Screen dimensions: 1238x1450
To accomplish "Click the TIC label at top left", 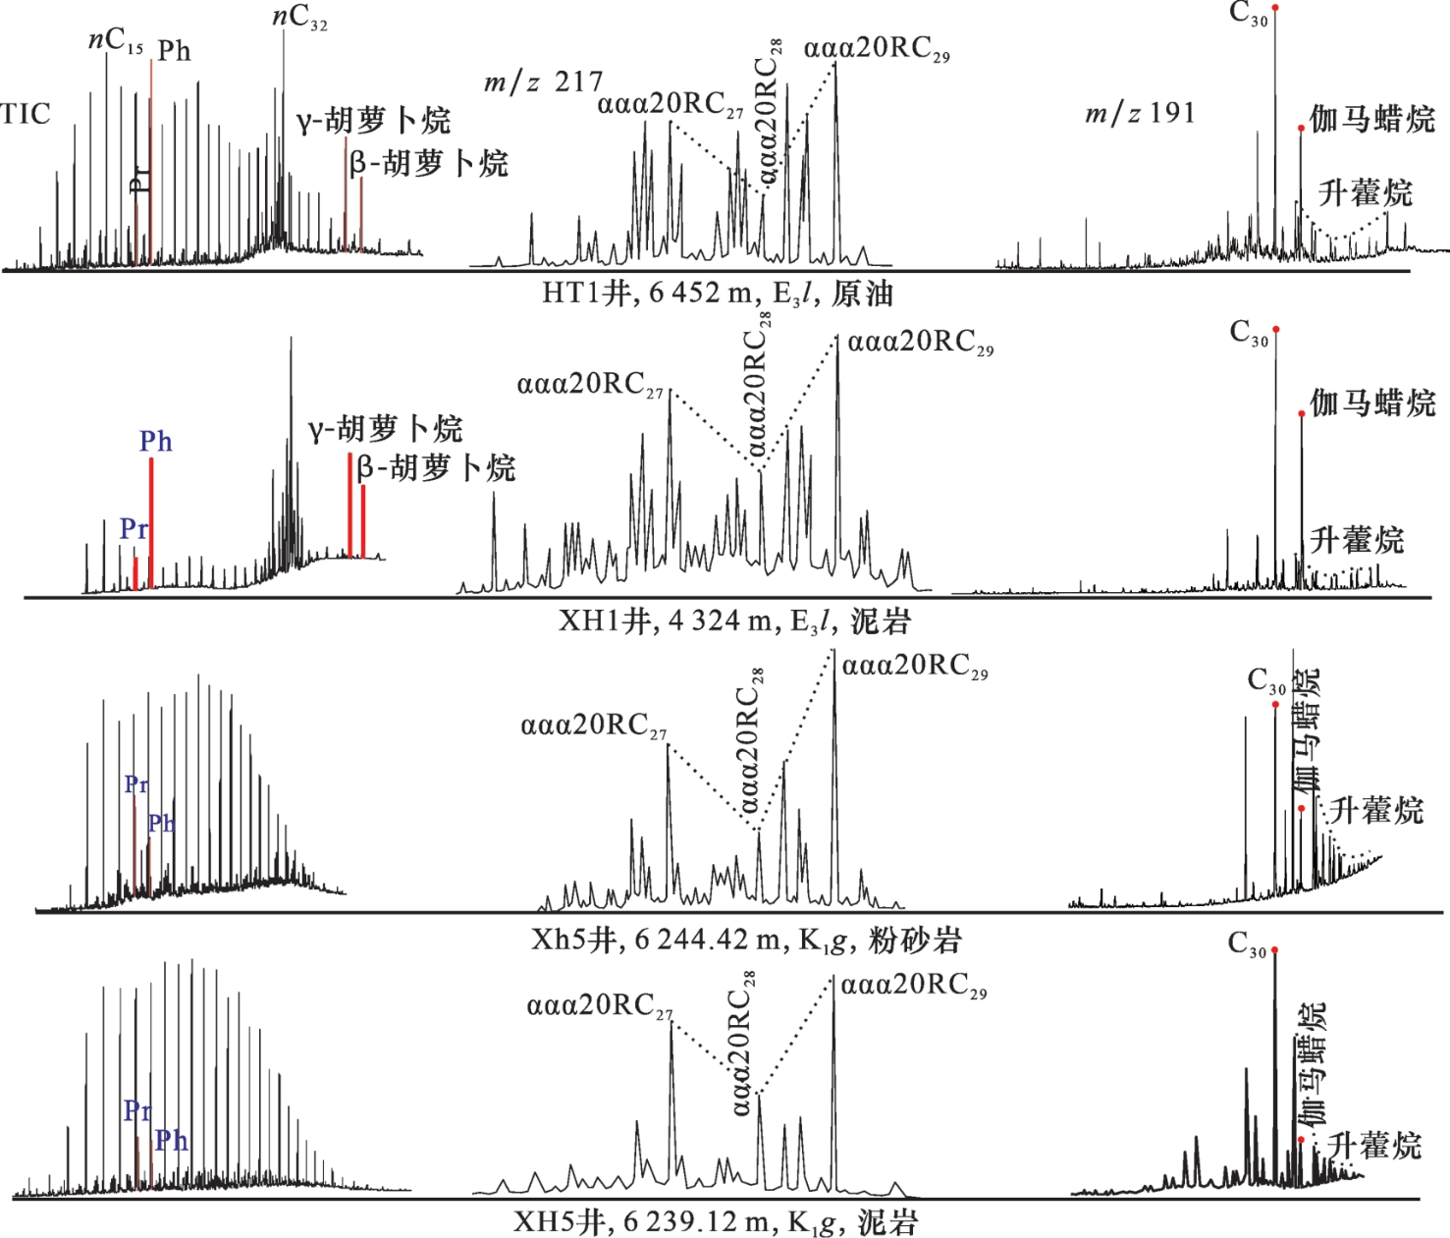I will pyautogui.click(x=26, y=114).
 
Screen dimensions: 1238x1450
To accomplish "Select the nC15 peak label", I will pyautogui.click(x=116, y=41).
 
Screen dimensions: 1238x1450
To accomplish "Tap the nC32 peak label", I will pyautogui.click(x=299, y=18).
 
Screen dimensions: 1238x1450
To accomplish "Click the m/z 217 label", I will pyautogui.click(x=543, y=82).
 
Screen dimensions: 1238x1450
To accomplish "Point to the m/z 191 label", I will pyautogui.click(x=1140, y=114).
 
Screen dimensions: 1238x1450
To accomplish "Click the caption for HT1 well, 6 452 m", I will pyautogui.click(x=718, y=294).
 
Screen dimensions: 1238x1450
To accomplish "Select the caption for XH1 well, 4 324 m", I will pyautogui.click(x=734, y=620).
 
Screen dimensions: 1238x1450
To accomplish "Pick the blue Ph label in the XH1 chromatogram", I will pyautogui.click(x=155, y=442).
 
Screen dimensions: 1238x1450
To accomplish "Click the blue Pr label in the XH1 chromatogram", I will pyautogui.click(x=134, y=529).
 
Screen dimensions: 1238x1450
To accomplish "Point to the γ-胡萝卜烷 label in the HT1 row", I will pyautogui.click(x=373, y=121).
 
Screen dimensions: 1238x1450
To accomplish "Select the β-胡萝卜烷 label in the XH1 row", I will pyautogui.click(x=435, y=468).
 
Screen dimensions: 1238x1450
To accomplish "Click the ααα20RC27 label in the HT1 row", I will pyautogui.click(x=671, y=104).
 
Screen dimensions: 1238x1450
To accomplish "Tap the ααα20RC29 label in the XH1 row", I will pyautogui.click(x=921, y=343).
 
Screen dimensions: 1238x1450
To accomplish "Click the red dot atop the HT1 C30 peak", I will pyautogui.click(x=1275, y=8).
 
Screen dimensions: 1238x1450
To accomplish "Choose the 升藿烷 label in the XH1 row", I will pyautogui.click(x=1357, y=540).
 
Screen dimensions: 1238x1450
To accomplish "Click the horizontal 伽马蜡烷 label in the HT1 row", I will pyautogui.click(x=1371, y=119).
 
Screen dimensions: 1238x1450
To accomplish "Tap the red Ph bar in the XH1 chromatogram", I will pyautogui.click(x=151, y=522).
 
